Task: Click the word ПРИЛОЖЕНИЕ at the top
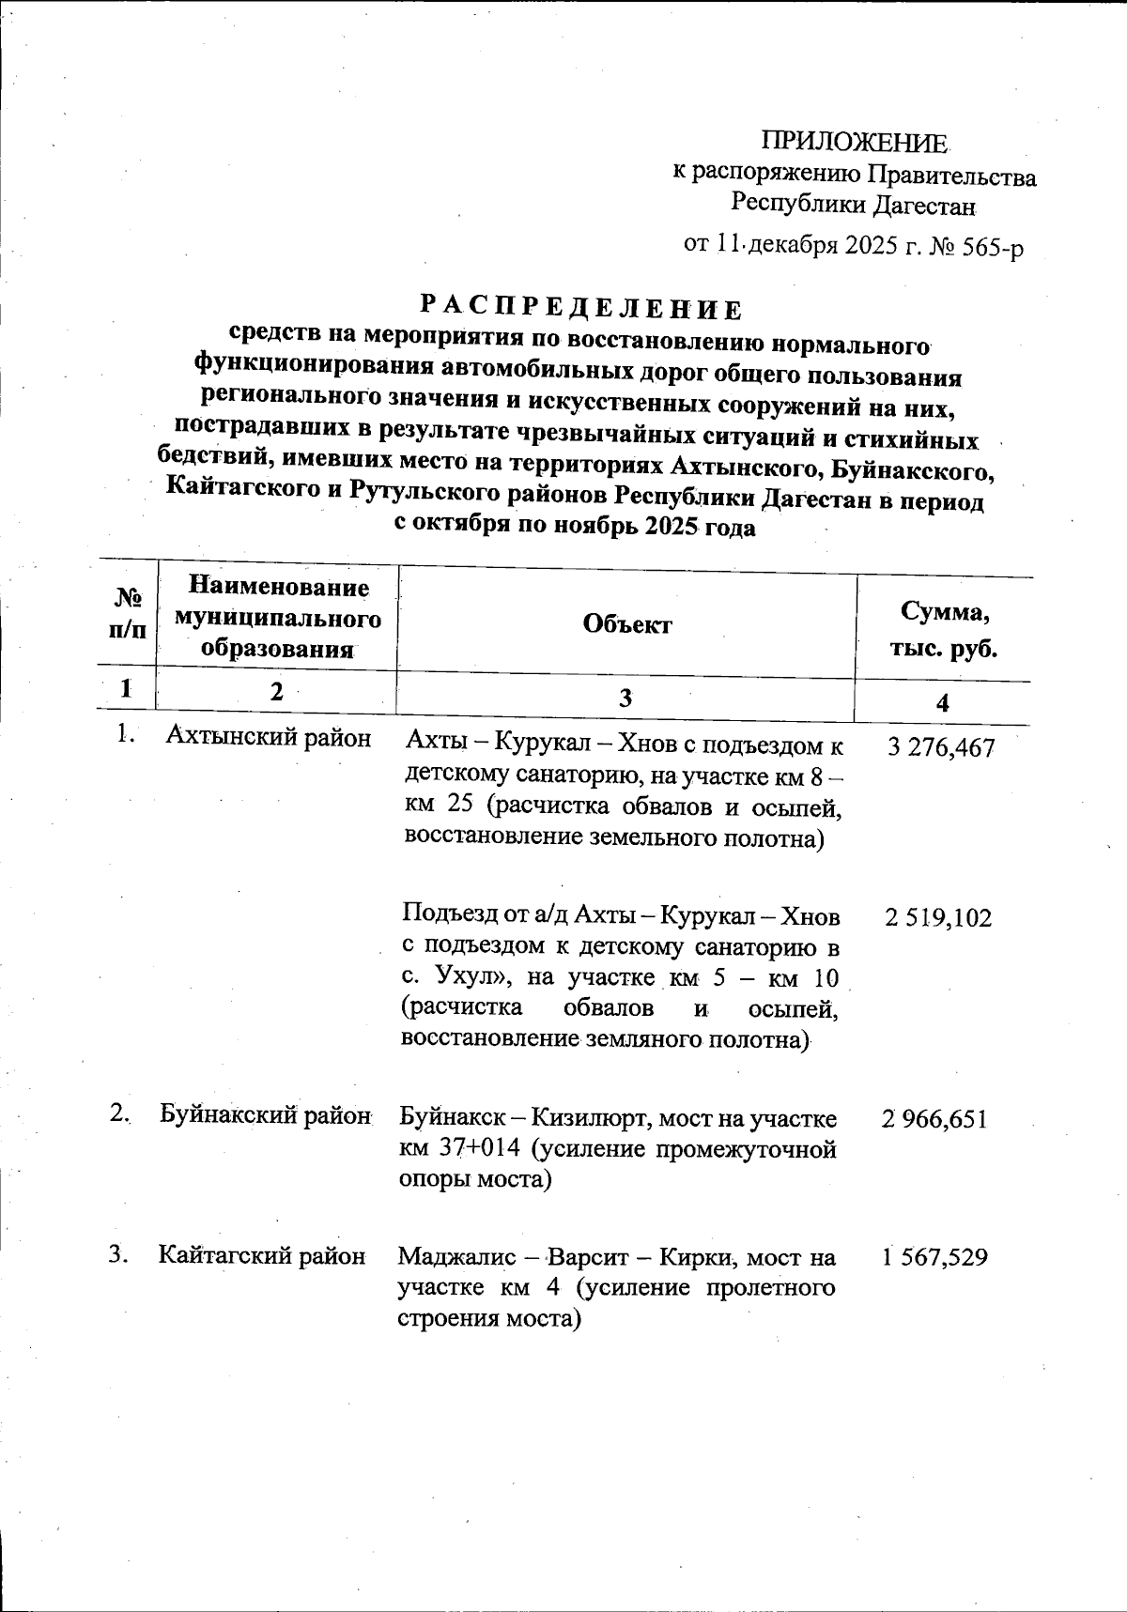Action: click(x=854, y=143)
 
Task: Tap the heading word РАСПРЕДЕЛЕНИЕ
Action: click(x=580, y=306)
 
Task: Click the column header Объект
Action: click(x=627, y=624)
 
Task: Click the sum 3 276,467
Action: click(x=940, y=748)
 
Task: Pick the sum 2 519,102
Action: click(x=937, y=917)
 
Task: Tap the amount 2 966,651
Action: click(x=934, y=1119)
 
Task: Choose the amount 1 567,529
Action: click(x=934, y=1257)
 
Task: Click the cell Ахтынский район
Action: click(x=269, y=737)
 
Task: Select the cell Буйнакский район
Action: click(x=265, y=1114)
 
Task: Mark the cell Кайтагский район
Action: click(x=262, y=1255)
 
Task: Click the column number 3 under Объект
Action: click(x=625, y=698)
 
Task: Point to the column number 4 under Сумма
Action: click(x=943, y=703)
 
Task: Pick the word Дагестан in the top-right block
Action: click(x=927, y=204)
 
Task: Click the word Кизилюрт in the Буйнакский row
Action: click(x=588, y=1118)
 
